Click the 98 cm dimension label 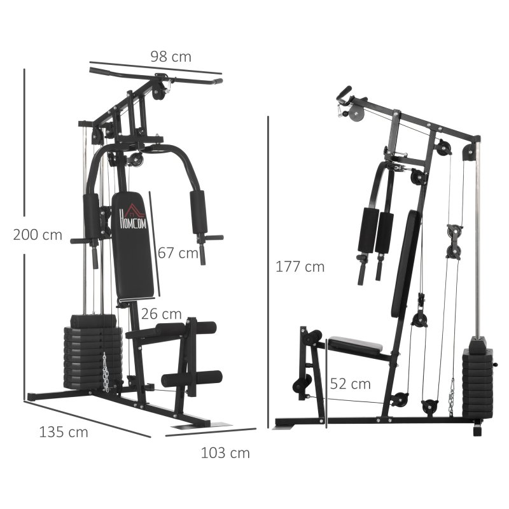pyautogui.click(x=171, y=57)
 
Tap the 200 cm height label pyautogui.click(x=38, y=235)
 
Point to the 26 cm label pyautogui.click(x=162, y=314)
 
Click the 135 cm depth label pyautogui.click(x=64, y=433)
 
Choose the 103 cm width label pyautogui.click(x=225, y=453)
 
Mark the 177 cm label pyautogui.click(x=300, y=267)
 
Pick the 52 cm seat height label pyautogui.click(x=350, y=384)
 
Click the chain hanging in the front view pyautogui.click(x=106, y=372)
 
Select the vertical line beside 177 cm pyautogui.click(x=268, y=267)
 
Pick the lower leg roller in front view pyautogui.click(x=192, y=379)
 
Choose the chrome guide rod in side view pyautogui.click(x=478, y=242)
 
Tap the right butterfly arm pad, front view pyautogui.click(x=199, y=213)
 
